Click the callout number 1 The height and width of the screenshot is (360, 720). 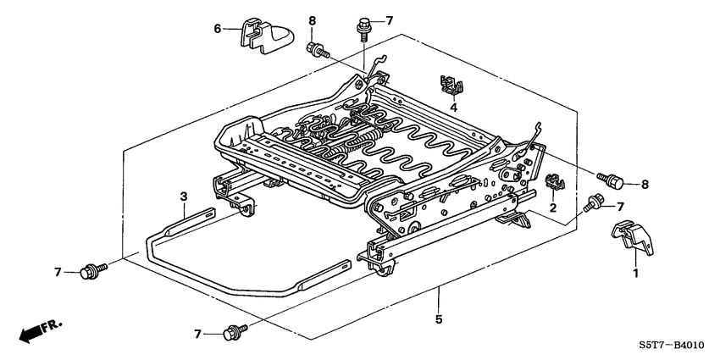tap(634, 274)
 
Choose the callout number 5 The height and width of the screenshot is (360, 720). tap(438, 319)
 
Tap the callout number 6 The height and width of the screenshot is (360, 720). tap(217, 28)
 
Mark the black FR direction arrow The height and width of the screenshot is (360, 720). tap(30, 334)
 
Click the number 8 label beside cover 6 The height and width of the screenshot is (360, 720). tap(312, 20)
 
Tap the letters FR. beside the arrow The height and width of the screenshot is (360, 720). tap(54, 324)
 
